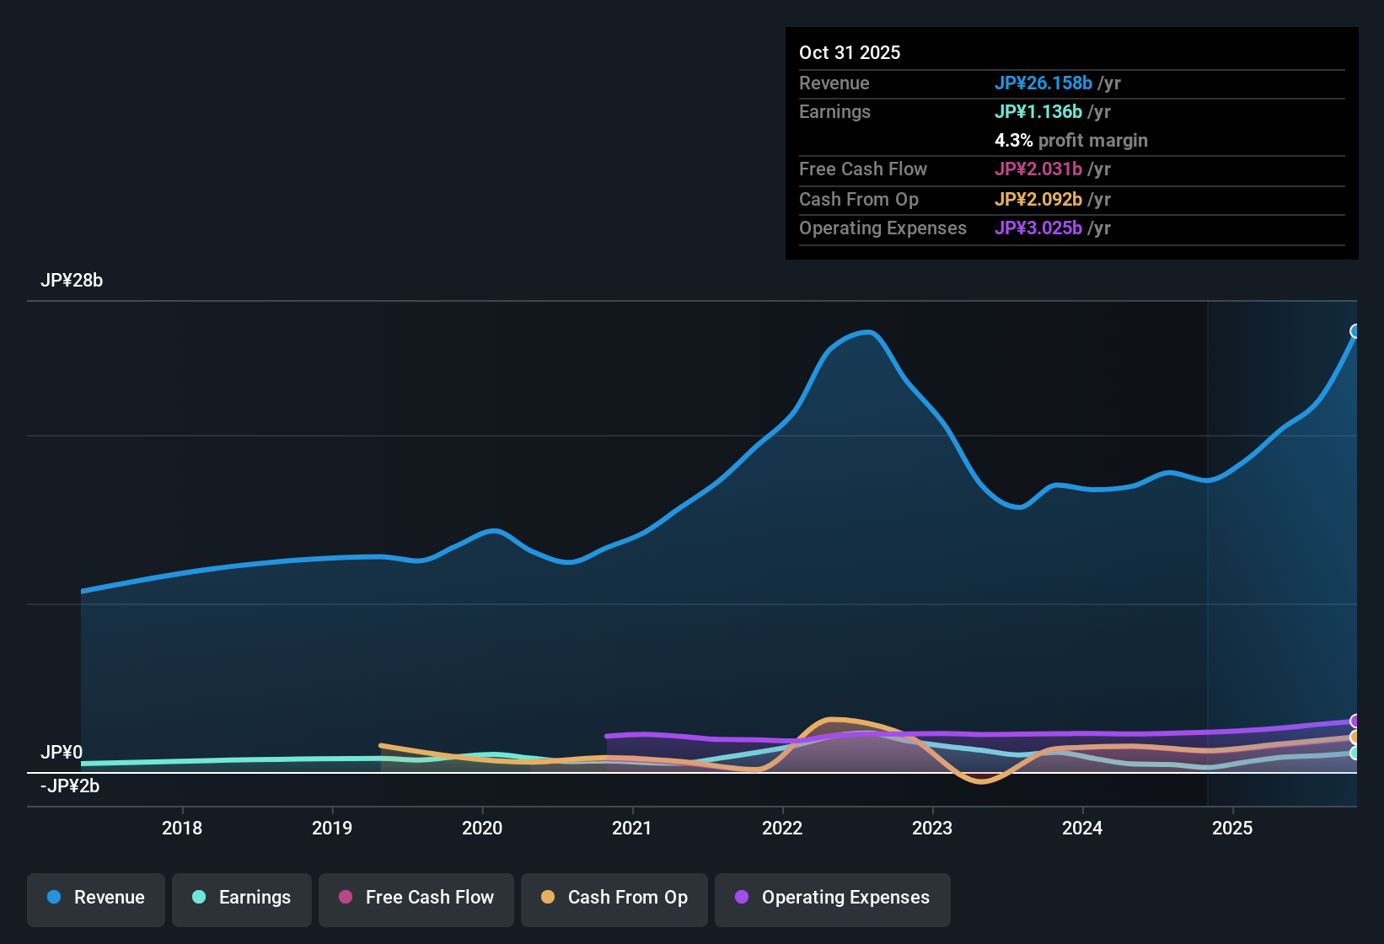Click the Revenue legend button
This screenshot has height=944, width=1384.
pos(96,898)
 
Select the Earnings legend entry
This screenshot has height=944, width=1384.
pos(242,898)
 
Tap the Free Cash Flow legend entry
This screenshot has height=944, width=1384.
pos(416,898)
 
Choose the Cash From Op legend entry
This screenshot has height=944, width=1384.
pos(614,898)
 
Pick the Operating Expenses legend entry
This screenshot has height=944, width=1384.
pos(833,898)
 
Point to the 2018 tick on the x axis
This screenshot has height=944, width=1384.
pos(182,828)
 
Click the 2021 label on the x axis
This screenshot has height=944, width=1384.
pos(632,828)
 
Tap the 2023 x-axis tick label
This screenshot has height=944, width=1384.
pos(932,828)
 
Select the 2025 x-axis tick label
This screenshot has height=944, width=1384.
pos(1232,828)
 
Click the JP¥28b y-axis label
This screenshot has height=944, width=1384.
pos(72,281)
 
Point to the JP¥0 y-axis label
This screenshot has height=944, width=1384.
pos(62,752)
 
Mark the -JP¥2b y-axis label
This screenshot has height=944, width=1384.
pos(70,786)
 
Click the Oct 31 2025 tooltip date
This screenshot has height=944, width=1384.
pos(850,52)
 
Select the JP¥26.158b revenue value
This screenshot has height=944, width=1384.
pos(1043,83)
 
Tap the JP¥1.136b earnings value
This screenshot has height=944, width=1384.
pos(1038,112)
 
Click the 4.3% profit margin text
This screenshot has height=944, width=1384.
pos(1070,141)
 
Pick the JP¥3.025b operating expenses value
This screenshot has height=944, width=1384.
pos(1038,228)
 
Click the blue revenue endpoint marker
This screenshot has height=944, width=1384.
pos(1355,331)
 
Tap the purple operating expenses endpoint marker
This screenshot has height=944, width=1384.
pos(1355,721)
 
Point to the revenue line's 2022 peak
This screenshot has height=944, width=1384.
pos(868,332)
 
